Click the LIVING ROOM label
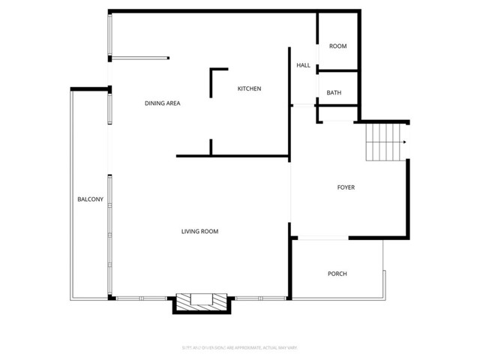click(199, 231)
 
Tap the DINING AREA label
click(163, 103)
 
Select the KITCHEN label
click(249, 89)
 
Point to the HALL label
click(303, 65)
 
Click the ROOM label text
click(337, 46)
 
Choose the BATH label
click(334, 93)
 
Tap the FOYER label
click(345, 187)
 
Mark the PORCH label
click(337, 274)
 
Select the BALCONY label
click(90, 199)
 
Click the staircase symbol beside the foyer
click(383, 142)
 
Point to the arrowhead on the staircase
click(403, 142)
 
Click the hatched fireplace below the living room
click(200, 302)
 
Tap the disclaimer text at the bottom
click(240, 346)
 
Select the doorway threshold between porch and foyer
click(320, 238)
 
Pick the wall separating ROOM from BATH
click(338, 70)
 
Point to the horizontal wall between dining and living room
click(232, 157)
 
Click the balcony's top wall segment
click(90, 89)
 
